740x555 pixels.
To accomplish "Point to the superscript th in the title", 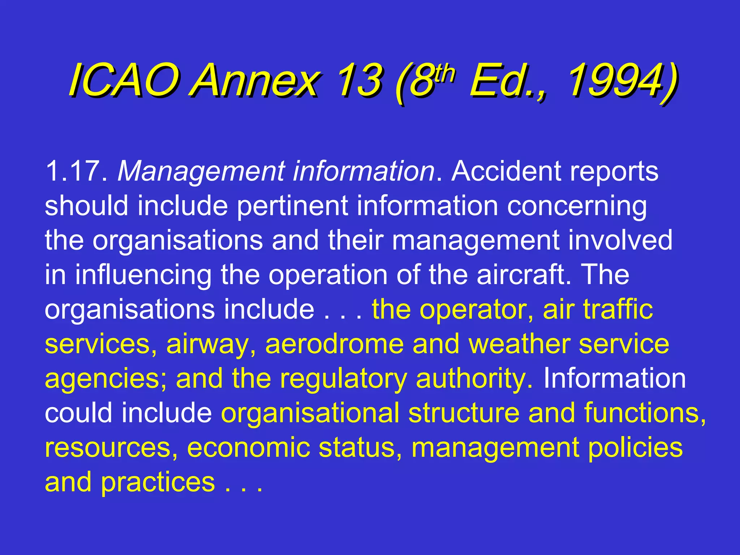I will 444,74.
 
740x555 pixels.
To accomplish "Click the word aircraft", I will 524,275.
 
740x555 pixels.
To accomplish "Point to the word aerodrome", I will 334,344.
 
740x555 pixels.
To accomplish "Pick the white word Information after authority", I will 615,378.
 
